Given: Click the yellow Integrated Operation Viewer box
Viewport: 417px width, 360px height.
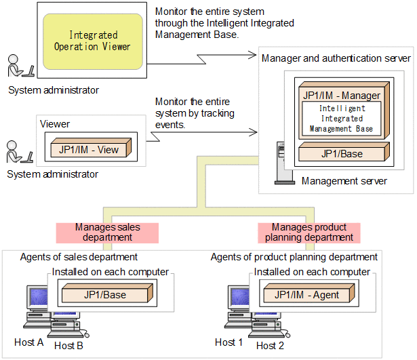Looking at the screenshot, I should click(x=93, y=41).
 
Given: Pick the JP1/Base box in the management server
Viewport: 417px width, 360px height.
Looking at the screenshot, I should click(x=341, y=154).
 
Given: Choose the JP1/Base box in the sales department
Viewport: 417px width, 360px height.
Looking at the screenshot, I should click(x=104, y=295).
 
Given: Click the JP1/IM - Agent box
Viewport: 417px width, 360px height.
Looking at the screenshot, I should click(x=307, y=295).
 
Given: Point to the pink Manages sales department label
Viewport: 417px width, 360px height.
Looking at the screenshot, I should click(x=107, y=233).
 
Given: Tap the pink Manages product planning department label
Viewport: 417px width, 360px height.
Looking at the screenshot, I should click(x=309, y=233).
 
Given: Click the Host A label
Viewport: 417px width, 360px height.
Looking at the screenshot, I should click(x=28, y=342).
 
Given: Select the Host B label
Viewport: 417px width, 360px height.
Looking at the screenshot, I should click(x=68, y=346).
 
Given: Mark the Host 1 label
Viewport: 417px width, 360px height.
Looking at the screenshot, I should click(x=229, y=342).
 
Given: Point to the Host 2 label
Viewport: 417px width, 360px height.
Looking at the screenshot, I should click(x=270, y=346).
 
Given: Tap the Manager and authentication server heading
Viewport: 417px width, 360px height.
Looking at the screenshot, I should click(x=336, y=58).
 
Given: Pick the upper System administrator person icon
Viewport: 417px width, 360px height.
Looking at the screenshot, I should click(x=18, y=67).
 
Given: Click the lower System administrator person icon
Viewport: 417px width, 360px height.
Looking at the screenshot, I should click(x=18, y=153).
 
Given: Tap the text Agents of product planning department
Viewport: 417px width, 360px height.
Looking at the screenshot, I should click(x=294, y=257).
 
